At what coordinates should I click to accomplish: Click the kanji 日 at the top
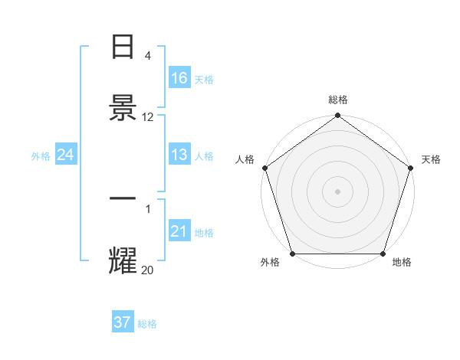point(123,47)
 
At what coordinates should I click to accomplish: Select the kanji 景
point(123,108)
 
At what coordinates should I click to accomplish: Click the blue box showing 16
point(179,77)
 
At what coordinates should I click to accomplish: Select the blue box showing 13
point(179,155)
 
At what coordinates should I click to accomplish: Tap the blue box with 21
point(179,231)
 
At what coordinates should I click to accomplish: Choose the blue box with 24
point(65,155)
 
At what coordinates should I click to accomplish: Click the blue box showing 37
point(122,322)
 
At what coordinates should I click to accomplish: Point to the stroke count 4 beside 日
point(148,56)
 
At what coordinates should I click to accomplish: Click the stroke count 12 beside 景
point(148,117)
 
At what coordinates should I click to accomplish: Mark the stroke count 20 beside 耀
point(148,270)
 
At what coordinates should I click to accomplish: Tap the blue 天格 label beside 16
point(204,79)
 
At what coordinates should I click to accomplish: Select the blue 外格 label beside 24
point(41,156)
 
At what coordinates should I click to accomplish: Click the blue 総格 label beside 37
point(147,324)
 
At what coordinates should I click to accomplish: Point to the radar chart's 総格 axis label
point(338,100)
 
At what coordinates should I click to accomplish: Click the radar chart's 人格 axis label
point(245,159)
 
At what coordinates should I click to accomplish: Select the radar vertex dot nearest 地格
point(383,254)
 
